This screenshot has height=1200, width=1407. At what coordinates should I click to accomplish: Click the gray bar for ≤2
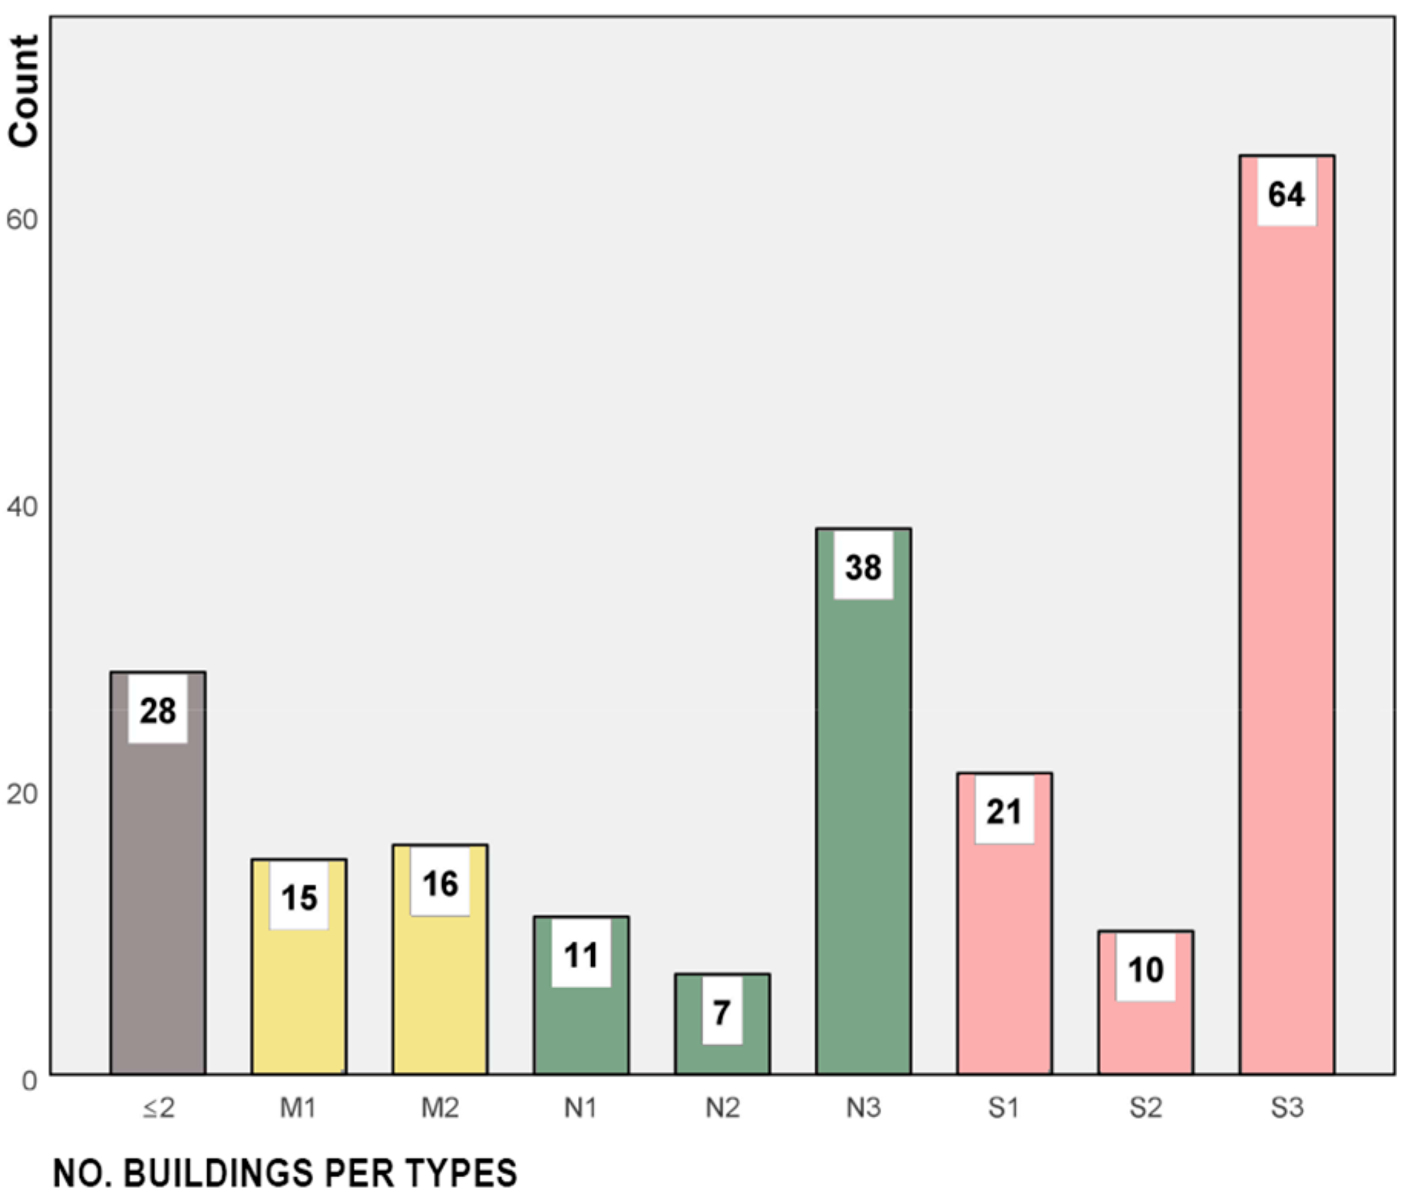coord(157,906)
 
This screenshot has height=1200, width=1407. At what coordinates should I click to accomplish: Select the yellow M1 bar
coord(299,998)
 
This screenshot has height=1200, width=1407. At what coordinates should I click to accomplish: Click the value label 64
coord(1286,193)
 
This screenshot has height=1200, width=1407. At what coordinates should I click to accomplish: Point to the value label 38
coord(863,567)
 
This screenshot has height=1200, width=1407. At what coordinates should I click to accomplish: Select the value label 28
coord(157,710)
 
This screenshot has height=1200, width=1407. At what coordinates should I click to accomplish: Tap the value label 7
coord(722,1013)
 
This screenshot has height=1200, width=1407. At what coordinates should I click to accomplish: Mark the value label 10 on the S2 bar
coord(1145,970)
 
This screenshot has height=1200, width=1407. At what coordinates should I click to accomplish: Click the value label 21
coord(1004,812)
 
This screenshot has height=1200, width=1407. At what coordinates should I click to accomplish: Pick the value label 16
coord(440,884)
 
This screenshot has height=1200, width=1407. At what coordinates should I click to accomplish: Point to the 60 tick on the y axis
coord(21,220)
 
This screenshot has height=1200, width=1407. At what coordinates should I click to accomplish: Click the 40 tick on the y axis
coord(21,507)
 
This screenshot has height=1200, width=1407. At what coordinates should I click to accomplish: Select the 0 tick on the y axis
coord(29,1081)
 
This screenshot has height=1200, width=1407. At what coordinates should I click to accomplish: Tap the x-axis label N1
coord(580,1108)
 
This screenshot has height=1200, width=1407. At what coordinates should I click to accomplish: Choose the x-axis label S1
coord(1003,1108)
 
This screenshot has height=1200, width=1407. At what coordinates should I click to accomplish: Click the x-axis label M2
coord(440,1108)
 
